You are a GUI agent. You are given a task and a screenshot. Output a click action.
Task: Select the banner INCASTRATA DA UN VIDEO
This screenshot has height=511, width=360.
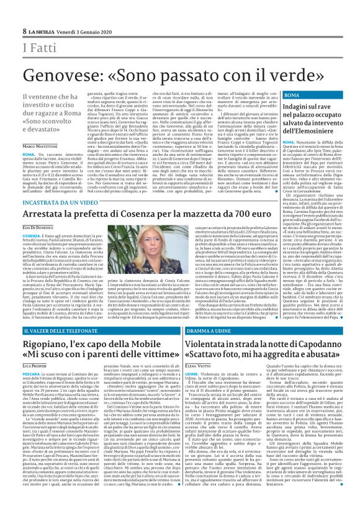60,203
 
